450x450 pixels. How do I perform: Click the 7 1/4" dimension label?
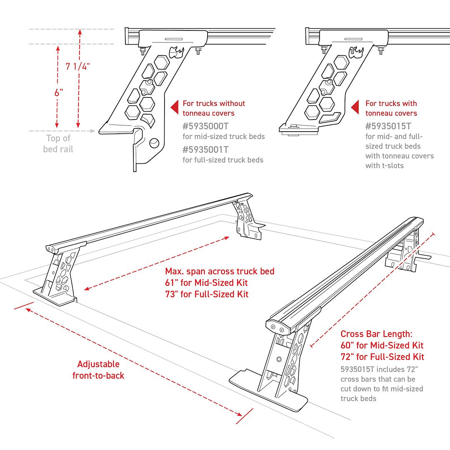(x=78, y=66)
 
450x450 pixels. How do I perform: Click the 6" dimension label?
(x=58, y=92)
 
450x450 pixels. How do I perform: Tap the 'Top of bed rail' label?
(x=58, y=144)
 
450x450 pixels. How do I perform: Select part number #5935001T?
(x=205, y=150)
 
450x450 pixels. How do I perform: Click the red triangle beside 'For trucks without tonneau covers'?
(x=175, y=108)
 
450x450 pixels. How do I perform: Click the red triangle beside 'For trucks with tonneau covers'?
(x=355, y=108)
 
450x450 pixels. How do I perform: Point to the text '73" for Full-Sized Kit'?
(x=207, y=294)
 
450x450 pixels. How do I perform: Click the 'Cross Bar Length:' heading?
(x=375, y=334)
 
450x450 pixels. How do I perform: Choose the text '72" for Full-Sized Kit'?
(x=382, y=357)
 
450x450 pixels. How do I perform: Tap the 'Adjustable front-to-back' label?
(x=98, y=370)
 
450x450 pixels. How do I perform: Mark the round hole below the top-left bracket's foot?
(x=154, y=143)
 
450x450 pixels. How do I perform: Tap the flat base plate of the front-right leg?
(x=267, y=390)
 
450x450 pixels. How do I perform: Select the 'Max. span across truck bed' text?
(x=220, y=271)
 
